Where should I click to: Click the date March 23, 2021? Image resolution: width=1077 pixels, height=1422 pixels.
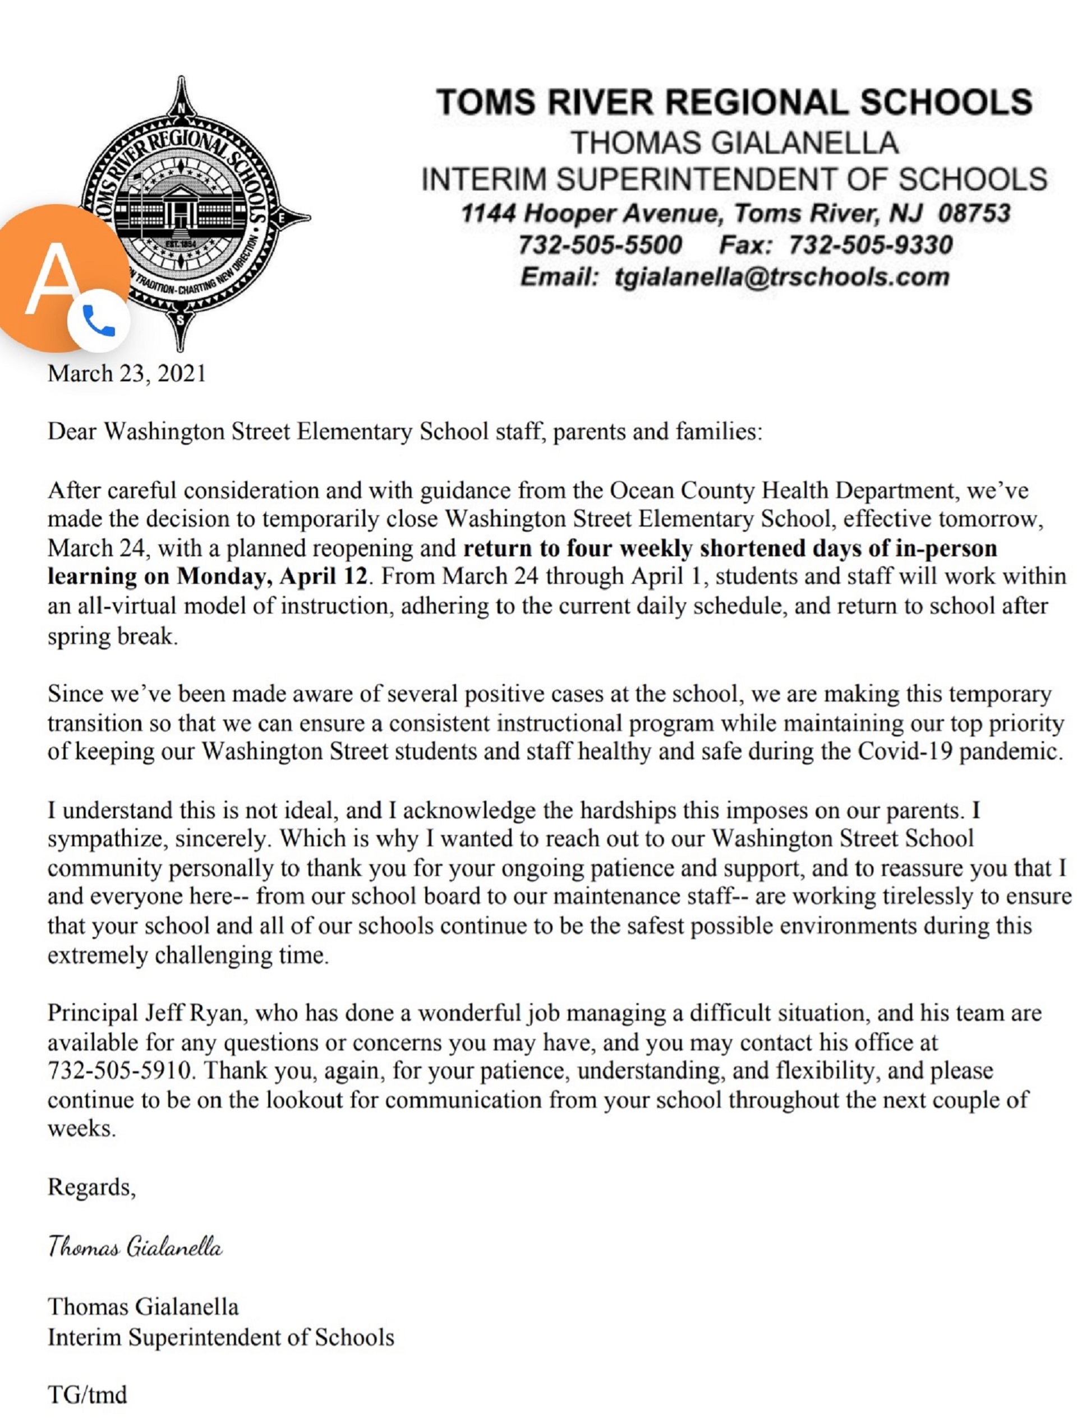coord(127,373)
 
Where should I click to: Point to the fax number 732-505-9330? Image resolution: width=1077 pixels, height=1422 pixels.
coord(870,245)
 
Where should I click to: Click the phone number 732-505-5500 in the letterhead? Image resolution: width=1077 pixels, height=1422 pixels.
coord(599,245)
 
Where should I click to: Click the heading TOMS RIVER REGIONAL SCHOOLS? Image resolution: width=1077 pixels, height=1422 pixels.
coord(734,102)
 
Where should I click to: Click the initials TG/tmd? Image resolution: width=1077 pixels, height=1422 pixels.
coord(88,1395)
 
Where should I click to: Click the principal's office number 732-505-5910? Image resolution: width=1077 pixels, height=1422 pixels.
coord(119,1070)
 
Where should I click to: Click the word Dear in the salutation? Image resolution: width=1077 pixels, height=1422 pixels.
coord(72,431)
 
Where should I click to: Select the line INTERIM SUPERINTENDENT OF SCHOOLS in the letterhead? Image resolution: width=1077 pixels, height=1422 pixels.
coord(734,179)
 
